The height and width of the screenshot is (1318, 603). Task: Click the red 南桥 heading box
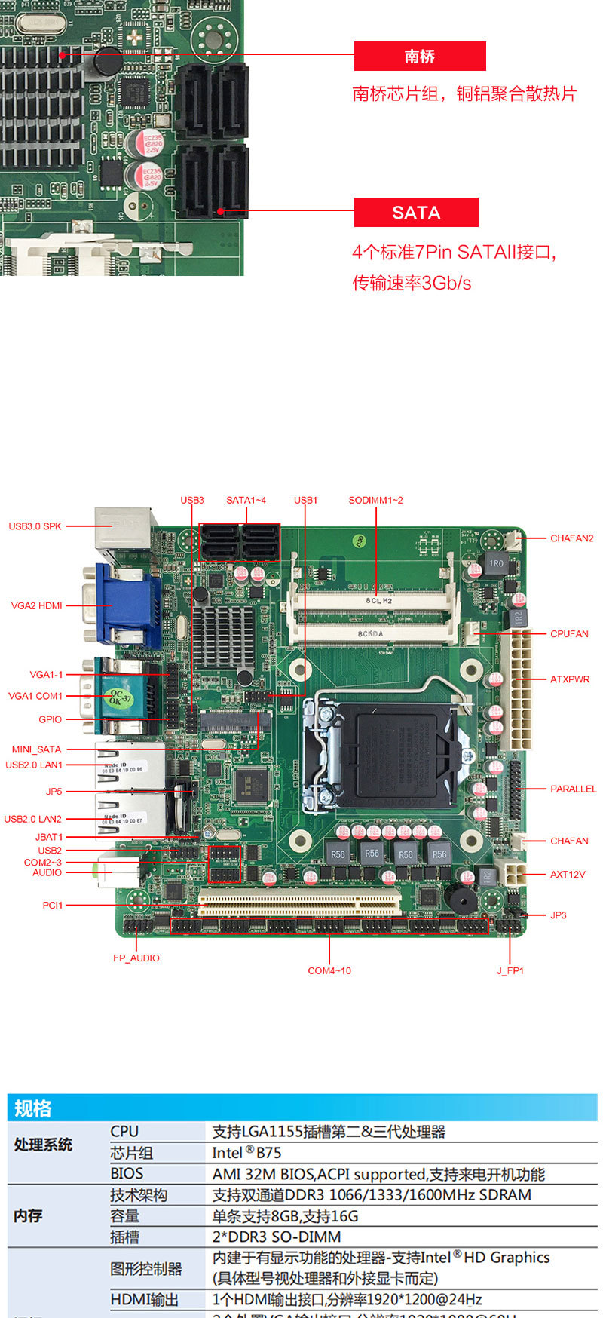(420, 57)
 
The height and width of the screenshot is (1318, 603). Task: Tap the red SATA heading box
(416, 213)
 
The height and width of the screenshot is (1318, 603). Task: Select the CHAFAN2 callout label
(571, 538)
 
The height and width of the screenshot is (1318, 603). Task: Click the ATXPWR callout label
(570, 679)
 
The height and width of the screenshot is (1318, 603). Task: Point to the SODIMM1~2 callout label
(375, 500)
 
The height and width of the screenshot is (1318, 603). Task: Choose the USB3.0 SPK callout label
(35, 526)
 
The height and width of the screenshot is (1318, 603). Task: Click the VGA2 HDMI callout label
(37, 605)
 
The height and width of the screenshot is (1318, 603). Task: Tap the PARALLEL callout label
(573, 789)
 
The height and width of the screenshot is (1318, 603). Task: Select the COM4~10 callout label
(329, 970)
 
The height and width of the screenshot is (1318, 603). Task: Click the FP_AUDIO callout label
(136, 958)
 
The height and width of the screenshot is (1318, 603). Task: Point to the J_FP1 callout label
(510, 970)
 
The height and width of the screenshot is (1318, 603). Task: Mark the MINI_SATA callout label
(36, 749)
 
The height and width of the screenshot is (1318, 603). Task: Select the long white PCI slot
(299, 900)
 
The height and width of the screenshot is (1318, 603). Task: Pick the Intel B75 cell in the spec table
(246, 1153)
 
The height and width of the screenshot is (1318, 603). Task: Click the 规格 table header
(33, 1108)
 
